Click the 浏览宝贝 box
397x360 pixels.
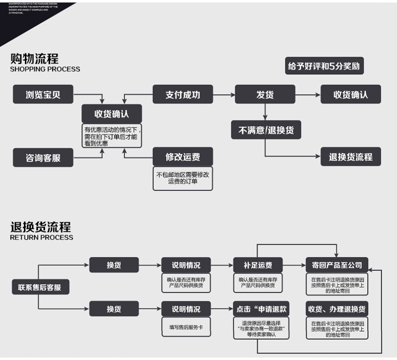pos(43,94)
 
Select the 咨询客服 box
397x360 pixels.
pos(43,158)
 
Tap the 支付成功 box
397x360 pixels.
pos(183,94)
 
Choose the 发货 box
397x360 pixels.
pos(265,94)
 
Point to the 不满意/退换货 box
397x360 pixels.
pos(266,130)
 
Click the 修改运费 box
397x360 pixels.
pos(183,157)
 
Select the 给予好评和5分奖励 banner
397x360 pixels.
pos(324,66)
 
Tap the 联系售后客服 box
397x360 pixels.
pos(40,287)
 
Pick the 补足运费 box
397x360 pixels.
pos(258,265)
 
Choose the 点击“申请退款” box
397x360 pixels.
pos(262,309)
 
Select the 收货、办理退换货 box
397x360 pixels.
pos(337,309)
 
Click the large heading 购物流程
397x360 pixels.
pos(34,59)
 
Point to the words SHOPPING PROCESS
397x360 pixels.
pos(45,69)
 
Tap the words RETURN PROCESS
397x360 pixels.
pos(41,238)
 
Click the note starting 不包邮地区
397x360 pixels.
pos(183,178)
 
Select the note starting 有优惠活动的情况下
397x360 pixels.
pos(112,136)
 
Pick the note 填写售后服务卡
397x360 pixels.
pos(186,327)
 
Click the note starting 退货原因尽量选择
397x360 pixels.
pos(262,328)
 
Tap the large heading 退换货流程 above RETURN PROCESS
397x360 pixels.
pos(40,227)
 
